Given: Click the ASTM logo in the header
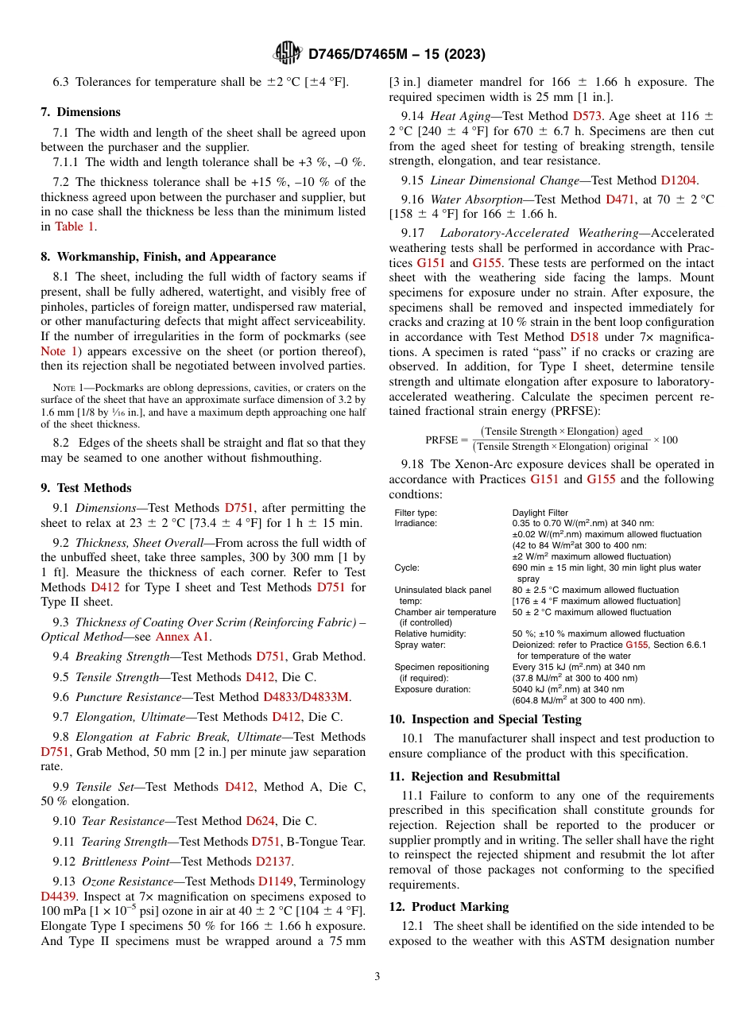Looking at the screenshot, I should (287, 53).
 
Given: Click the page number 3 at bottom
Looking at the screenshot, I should (377, 977).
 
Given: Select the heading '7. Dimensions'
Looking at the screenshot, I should (81, 112).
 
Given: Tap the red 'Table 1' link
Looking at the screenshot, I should (75, 227).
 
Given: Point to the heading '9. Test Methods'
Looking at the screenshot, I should (87, 488).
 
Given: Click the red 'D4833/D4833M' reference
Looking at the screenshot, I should (306, 696).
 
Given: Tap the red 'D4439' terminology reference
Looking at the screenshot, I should (59, 896).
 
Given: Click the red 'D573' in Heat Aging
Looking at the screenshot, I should (588, 116).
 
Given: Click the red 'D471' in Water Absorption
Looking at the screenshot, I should (620, 199).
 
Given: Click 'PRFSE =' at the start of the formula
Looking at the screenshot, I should (447, 440).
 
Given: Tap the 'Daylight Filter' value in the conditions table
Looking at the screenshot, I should (540, 513).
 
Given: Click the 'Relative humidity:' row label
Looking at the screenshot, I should (430, 633).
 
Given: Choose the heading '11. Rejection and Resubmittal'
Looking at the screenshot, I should (474, 776).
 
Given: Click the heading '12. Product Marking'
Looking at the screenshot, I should (449, 907).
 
